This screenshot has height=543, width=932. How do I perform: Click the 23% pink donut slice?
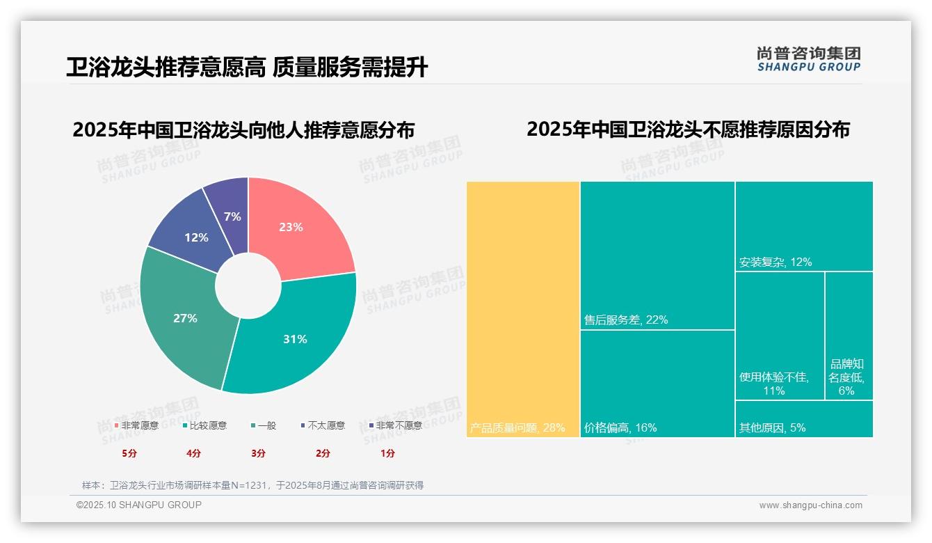296,226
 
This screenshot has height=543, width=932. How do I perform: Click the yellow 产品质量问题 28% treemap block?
523,306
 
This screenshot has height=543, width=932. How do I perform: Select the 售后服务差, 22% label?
626,320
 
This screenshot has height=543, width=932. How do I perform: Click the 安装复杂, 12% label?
776,262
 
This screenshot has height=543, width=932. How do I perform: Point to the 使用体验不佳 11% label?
773,384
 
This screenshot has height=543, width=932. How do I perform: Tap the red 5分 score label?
129,453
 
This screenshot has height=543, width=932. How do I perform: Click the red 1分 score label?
387,453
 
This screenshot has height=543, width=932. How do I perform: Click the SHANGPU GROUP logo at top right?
808,59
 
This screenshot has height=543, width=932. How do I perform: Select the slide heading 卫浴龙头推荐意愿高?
166,68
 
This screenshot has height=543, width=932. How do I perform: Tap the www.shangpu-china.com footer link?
810,505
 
